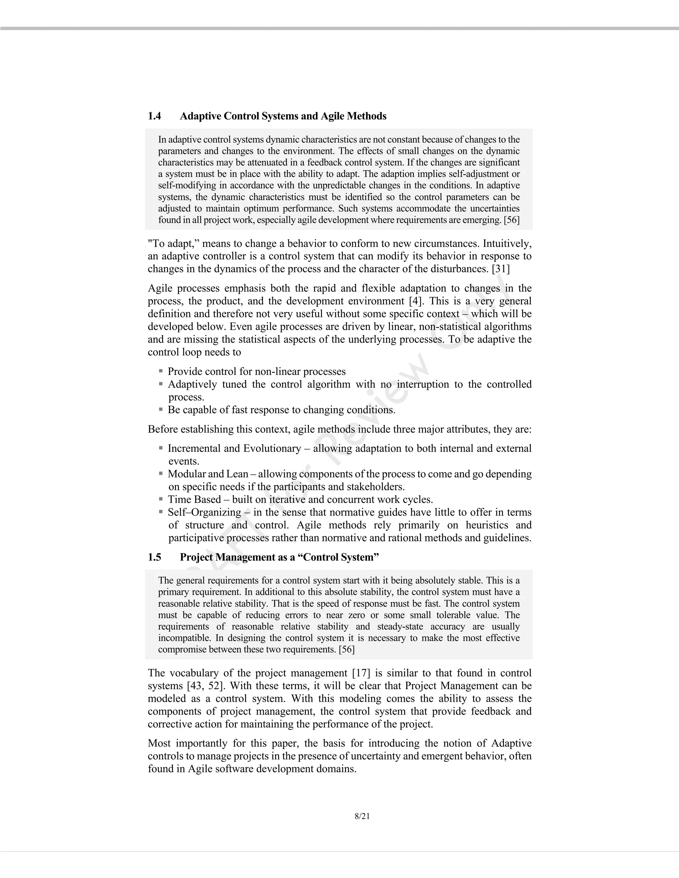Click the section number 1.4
[x=154, y=116]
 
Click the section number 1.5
[x=154, y=557]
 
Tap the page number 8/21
[x=362, y=816]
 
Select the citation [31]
[x=500, y=269]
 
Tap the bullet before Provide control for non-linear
[x=161, y=371]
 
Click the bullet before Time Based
[x=161, y=499]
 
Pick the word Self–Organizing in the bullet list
[x=204, y=512]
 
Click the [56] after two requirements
[x=346, y=649]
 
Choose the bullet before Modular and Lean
[x=161, y=474]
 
